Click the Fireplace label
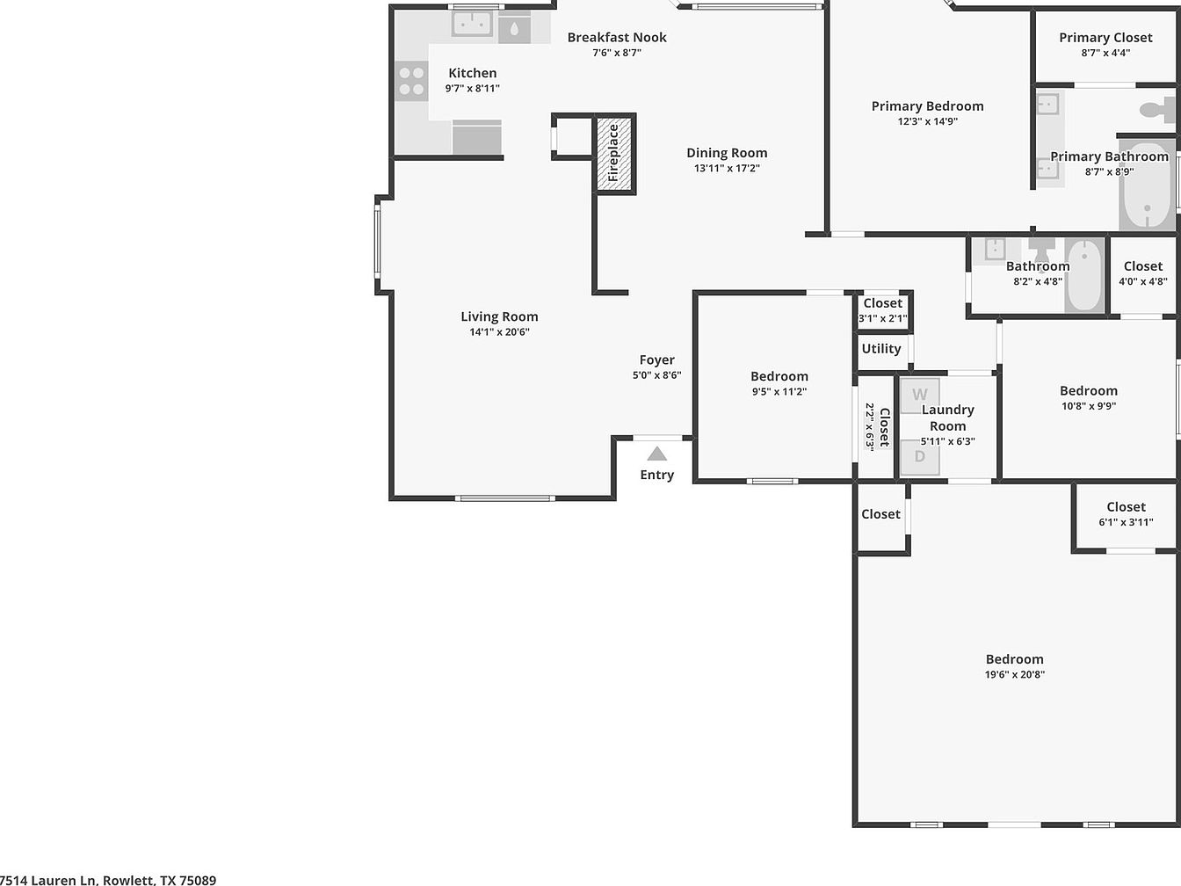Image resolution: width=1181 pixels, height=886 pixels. tap(612, 153)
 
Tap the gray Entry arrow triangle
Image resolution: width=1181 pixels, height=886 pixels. tap(657, 454)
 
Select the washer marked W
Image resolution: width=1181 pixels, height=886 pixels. tap(920, 396)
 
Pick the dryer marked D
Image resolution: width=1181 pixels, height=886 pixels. tap(920, 457)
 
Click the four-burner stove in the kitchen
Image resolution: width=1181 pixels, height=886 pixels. tap(411, 81)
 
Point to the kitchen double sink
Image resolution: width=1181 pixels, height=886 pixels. tap(472, 23)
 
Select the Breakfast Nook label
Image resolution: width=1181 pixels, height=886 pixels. tap(617, 37)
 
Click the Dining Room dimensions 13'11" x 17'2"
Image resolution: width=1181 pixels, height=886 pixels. tap(727, 169)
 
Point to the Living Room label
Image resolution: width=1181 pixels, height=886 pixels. tap(499, 316)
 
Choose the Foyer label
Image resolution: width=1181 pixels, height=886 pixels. tap(657, 359)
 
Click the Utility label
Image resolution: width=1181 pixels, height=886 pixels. tap(881, 349)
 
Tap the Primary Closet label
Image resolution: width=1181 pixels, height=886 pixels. tap(1105, 38)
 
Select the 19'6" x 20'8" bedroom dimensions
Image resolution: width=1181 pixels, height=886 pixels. tap(1015, 674)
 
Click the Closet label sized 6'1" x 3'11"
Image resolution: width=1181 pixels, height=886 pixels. tap(1127, 507)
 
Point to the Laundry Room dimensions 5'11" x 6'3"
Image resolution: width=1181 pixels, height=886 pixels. tap(947, 441)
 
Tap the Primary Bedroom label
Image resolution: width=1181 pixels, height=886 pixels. tap(928, 106)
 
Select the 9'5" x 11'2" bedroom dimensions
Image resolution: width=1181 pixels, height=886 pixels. tap(779, 392)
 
